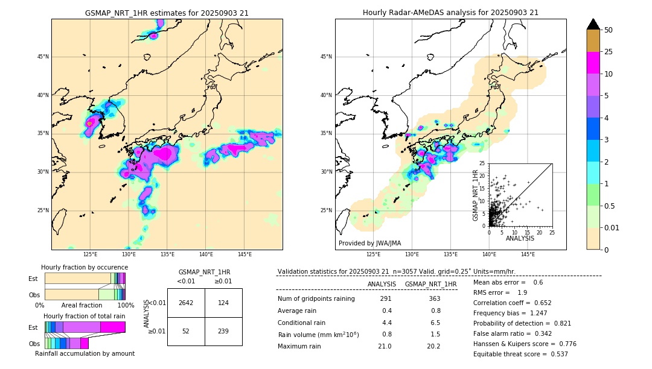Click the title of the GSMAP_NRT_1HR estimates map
tap(167, 13)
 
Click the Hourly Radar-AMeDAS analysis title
tap(450, 13)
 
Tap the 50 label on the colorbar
tap(609, 30)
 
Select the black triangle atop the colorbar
tap(593, 24)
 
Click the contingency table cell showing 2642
tap(186, 303)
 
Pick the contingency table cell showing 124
tap(223, 303)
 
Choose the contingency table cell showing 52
tap(186, 332)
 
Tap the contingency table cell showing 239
tap(223, 332)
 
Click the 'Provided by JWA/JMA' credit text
tap(369, 244)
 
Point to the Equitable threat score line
tap(520, 354)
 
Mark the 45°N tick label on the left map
tap(43, 57)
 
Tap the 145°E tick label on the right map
tap(528, 254)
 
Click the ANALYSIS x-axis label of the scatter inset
tap(520, 238)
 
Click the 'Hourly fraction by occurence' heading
tap(85, 267)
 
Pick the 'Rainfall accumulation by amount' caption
tap(85, 353)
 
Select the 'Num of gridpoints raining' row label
tap(316, 298)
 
